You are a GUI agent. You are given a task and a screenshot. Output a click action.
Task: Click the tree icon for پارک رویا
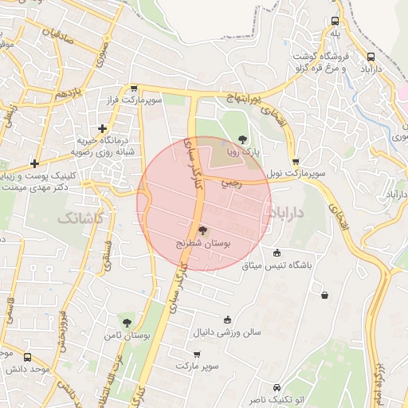click(243, 140)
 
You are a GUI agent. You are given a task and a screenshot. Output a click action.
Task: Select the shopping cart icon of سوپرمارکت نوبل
click(296, 162)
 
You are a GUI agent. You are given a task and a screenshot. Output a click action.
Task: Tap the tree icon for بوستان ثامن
click(127, 323)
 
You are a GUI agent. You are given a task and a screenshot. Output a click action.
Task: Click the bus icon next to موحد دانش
click(28, 358)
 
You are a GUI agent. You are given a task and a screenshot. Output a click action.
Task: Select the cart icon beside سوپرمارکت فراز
click(134, 90)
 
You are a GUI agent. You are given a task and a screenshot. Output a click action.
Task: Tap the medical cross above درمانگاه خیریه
click(102, 128)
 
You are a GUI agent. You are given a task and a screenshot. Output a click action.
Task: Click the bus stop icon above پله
click(335, 22)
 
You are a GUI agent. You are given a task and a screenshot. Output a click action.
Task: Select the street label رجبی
click(230, 183)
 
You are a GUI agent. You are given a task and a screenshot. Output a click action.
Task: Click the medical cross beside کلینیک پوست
click(34, 163)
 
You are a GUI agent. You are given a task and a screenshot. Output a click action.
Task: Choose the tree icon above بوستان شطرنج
click(202, 230)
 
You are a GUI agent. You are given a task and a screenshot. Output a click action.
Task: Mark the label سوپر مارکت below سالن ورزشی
click(198, 365)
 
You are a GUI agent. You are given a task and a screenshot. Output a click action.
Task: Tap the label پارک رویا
click(241, 151)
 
